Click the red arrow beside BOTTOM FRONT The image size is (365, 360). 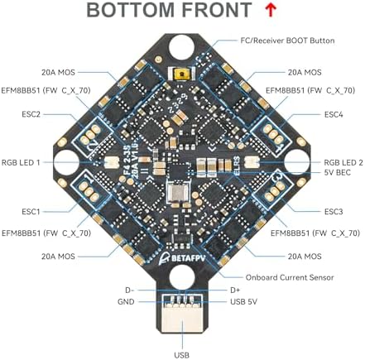tap(271, 11)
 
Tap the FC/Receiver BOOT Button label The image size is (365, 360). tap(287, 41)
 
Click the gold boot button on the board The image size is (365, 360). tap(181, 74)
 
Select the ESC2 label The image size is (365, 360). tap(31, 114)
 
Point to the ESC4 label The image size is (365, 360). tap(334, 114)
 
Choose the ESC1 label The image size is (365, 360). tap(31, 212)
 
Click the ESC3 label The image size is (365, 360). tap(334, 212)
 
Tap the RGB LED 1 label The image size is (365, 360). tap(21, 162)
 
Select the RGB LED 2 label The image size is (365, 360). tap(343, 162)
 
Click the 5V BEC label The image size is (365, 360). tap(338, 173)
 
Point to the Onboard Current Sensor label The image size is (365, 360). tap(290, 277)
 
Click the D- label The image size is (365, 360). tap(129, 290)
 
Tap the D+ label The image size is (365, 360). tap(235, 290)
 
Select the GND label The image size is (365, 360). tap(126, 302)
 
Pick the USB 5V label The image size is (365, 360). tap(243, 302)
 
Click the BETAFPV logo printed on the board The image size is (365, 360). tap(182, 258)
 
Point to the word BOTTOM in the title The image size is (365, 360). tap(131, 11)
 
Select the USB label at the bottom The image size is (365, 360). tap(182, 354)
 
